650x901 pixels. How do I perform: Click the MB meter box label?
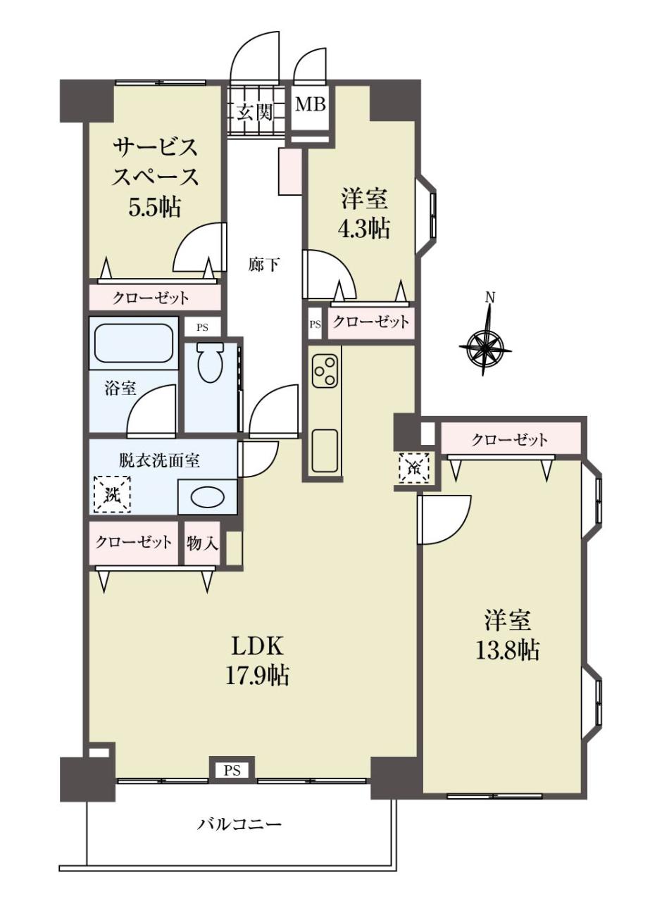click(311, 105)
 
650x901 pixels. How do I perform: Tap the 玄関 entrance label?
click(255, 114)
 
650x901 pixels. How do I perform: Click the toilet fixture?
click(210, 362)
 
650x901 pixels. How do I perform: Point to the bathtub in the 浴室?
click(134, 344)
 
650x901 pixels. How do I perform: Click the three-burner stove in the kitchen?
click(325, 370)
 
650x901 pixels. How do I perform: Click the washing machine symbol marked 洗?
click(112, 494)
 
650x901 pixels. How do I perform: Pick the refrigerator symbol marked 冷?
click(415, 467)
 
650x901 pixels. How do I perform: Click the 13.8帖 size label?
click(507, 650)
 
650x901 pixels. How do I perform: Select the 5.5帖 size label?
click(154, 208)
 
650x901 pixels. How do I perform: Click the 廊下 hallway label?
click(264, 265)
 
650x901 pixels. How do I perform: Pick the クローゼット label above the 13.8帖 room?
click(509, 440)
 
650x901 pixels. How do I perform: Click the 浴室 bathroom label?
click(120, 389)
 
